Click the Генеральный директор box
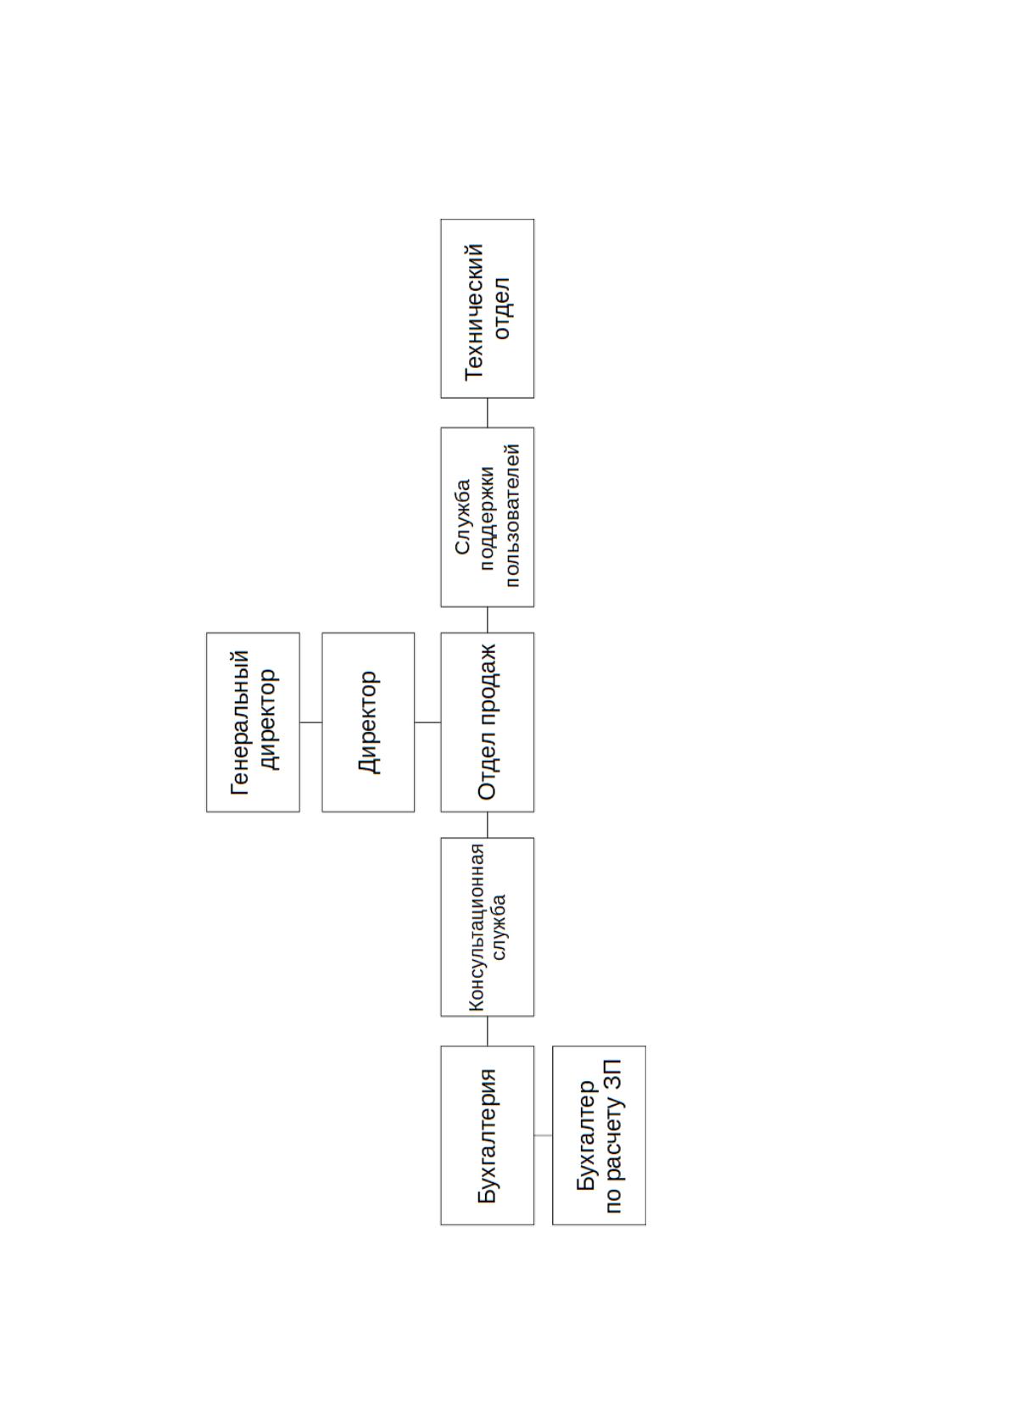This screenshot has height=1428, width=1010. [254, 722]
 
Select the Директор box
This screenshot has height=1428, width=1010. [368, 722]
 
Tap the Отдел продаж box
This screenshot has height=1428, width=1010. [487, 722]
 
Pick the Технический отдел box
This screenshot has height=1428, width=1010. [487, 309]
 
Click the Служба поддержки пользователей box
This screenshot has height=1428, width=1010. [487, 517]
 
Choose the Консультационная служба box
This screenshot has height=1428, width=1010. [487, 927]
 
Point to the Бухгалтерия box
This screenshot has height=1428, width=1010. [487, 1135]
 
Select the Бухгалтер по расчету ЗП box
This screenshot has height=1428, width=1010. [599, 1135]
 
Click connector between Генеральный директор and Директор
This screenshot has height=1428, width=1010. [310, 722]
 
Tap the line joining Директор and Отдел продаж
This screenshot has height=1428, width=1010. [427, 722]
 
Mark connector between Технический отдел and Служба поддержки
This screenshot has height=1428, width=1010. [487, 413]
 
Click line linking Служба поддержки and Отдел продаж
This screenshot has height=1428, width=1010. [487, 620]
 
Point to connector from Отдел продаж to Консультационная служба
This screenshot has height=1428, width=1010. [487, 825]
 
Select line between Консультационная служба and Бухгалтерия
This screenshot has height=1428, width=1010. [487, 1031]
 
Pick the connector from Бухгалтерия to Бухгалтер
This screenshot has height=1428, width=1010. [544, 1135]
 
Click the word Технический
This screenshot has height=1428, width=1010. [474, 312]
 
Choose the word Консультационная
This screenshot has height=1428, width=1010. [476, 928]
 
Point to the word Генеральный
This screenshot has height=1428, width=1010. [240, 722]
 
